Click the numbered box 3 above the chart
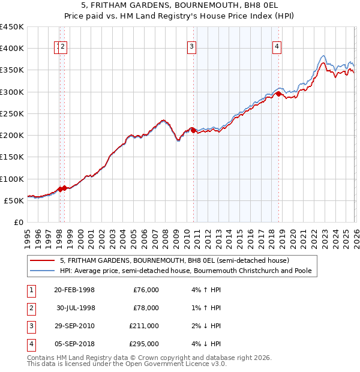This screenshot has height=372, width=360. coord(191,47)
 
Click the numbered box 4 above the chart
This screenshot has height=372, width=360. coord(277,47)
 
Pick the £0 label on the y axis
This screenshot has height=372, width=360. coord(19,222)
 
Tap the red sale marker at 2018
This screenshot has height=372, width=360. coord(278,94)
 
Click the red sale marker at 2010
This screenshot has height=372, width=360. coord(193,130)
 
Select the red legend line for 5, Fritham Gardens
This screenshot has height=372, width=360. coord(43,261)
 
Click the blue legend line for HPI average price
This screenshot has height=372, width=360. coord(43,271)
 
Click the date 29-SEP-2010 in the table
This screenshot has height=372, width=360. coord(74,326)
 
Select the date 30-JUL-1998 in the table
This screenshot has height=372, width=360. coord(75,308)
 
